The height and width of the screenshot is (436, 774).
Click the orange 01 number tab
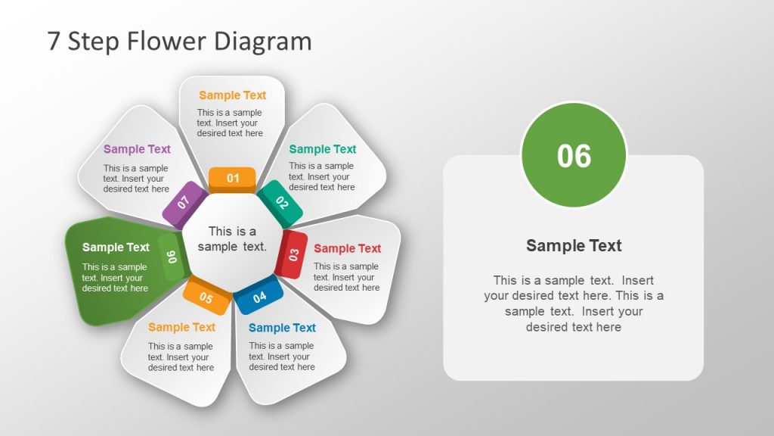point(233,179)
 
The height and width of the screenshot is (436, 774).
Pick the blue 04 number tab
point(259,297)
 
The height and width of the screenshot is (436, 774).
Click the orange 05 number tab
point(206,297)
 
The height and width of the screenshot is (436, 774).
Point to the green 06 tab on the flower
point(172,257)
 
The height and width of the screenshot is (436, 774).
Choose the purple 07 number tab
point(184,203)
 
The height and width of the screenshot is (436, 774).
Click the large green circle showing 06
point(574,155)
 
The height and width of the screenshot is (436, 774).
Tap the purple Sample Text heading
point(137,149)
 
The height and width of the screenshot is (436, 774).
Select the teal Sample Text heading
point(322,149)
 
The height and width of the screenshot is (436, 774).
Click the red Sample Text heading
point(347,248)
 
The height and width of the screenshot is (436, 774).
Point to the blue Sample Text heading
point(282,328)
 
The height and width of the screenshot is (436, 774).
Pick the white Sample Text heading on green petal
point(116,247)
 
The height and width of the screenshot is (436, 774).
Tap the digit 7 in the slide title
point(54,41)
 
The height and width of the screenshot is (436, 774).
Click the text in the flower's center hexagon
point(232,239)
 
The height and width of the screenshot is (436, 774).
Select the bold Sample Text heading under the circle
point(574,245)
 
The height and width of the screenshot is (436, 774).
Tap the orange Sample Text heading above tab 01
point(232,95)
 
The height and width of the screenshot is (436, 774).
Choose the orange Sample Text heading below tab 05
point(181,327)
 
